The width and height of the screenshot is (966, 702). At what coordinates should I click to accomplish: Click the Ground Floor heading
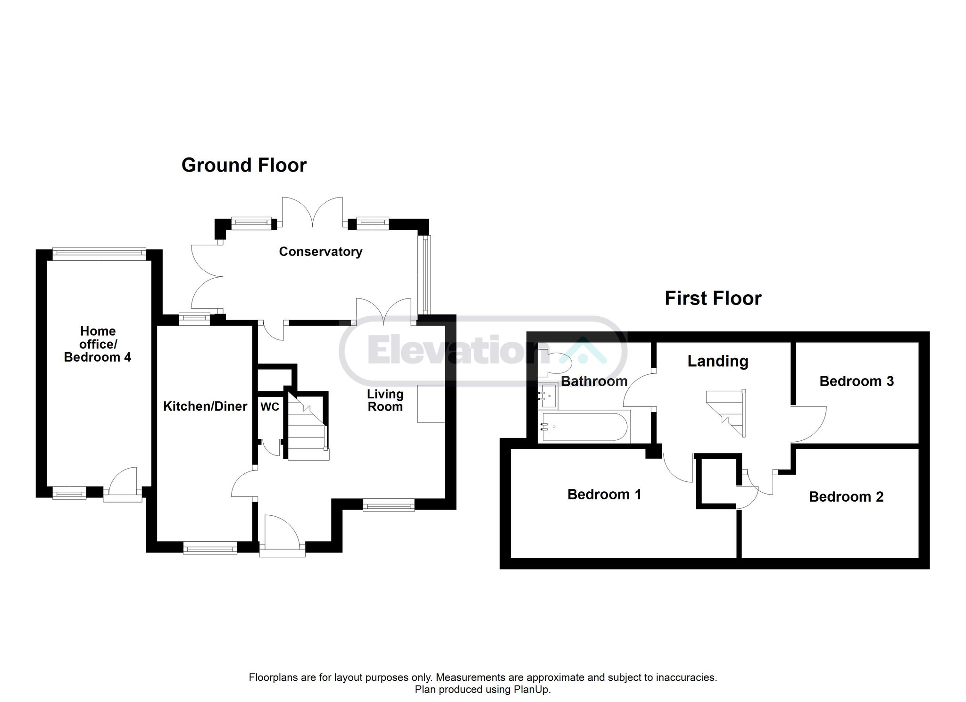click(x=244, y=165)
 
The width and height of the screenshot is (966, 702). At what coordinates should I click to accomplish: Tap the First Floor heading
click(x=713, y=298)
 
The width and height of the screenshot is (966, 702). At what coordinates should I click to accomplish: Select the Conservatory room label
click(x=321, y=252)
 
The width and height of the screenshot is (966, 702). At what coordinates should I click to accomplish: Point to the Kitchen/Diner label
click(x=205, y=406)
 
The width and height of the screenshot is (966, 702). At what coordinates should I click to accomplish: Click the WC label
click(x=270, y=407)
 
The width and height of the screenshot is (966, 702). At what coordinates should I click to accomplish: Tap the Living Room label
click(x=385, y=400)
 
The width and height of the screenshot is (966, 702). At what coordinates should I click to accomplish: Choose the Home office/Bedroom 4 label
click(x=98, y=344)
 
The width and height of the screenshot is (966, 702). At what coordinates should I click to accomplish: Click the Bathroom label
click(x=594, y=381)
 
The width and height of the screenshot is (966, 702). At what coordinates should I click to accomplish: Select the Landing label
click(x=718, y=362)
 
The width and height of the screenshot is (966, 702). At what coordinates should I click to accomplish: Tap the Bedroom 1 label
click(x=604, y=494)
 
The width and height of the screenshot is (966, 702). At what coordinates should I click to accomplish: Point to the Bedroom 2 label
click(x=846, y=496)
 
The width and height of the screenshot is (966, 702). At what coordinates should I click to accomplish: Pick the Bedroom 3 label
click(x=857, y=381)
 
